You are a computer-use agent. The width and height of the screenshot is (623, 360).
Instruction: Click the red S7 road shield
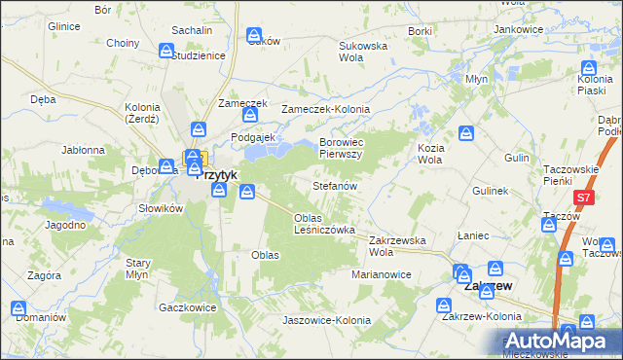pyautogui.click(x=583, y=198)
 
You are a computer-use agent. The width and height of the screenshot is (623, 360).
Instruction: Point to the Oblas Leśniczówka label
pyautogui.click(x=324, y=223)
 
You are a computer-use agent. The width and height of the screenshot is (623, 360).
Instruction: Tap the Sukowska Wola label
pyautogui.click(x=363, y=52)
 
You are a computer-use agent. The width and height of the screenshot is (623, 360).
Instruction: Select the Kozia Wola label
pyautogui.click(x=430, y=153)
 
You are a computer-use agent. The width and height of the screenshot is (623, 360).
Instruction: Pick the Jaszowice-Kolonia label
pyautogui.click(x=326, y=320)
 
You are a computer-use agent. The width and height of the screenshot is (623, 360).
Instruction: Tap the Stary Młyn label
pyautogui.click(x=137, y=269)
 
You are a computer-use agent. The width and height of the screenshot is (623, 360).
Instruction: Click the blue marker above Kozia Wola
pyautogui.click(x=466, y=132)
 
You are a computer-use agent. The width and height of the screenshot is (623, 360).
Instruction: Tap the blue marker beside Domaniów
pyautogui.click(x=19, y=308)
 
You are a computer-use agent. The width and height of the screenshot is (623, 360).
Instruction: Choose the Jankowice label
pyautogui.click(x=518, y=30)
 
